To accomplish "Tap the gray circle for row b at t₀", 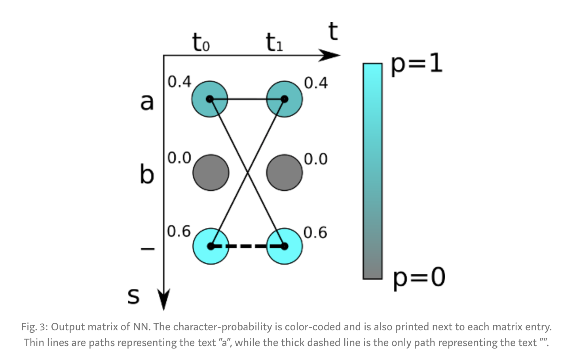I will tap(211, 172).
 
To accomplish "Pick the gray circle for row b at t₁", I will tap(284, 172).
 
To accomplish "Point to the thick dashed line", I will tap(247, 246).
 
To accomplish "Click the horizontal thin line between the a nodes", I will tap(247, 99).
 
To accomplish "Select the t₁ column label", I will tap(274, 42).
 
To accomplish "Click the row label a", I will tap(147, 102).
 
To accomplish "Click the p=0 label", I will tap(419, 277).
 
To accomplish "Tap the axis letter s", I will tap(134, 296).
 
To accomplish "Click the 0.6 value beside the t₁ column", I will tap(315, 233).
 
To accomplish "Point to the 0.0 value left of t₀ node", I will tap(179, 158).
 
